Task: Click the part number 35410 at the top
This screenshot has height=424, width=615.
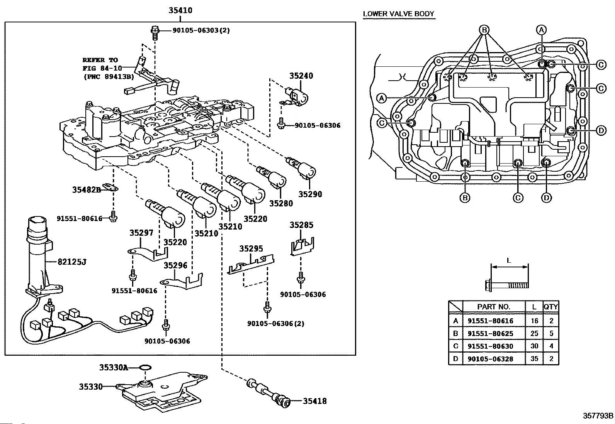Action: [x=180, y=10]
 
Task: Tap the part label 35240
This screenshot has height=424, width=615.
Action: [x=301, y=76]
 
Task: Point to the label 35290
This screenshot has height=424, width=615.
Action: [x=310, y=194]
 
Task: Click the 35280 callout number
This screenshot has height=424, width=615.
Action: [x=281, y=203]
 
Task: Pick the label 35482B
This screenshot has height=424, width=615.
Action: [x=86, y=189]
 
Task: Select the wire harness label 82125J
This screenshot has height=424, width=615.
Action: [x=72, y=262]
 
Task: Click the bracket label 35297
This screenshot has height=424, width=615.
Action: [x=141, y=233]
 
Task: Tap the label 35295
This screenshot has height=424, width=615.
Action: [x=251, y=249]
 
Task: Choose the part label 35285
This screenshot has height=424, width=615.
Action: [x=301, y=225]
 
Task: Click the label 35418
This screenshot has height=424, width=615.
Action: [x=314, y=401]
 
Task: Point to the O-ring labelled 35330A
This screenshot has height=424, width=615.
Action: [x=144, y=367]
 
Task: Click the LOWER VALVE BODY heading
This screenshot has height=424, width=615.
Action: [x=398, y=14]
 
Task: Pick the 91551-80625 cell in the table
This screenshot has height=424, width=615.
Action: [x=490, y=333]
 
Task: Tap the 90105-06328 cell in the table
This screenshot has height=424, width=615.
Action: [x=490, y=359]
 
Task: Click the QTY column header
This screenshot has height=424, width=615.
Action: [x=550, y=307]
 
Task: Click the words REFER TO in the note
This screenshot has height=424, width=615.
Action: [x=100, y=60]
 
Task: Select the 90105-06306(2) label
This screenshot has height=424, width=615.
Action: [x=275, y=323]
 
